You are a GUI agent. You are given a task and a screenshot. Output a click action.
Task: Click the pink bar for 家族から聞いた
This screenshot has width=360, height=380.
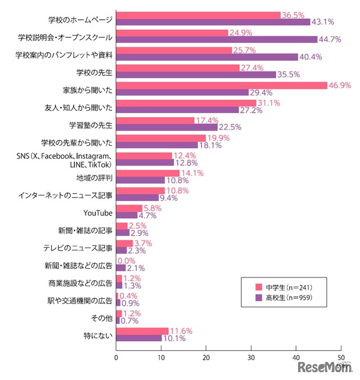tap(222, 85)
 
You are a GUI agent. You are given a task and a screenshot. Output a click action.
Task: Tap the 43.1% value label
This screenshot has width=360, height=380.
tap(323, 22)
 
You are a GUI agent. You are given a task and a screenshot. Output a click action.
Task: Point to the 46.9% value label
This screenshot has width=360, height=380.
tap(340, 85)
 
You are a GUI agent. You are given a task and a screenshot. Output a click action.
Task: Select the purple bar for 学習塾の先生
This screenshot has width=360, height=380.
tap(166, 127)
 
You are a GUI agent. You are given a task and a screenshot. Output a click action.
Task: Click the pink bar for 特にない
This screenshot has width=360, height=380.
tap(142, 330)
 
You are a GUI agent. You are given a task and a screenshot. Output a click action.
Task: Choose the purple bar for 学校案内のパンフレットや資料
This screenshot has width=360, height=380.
tap(207, 57)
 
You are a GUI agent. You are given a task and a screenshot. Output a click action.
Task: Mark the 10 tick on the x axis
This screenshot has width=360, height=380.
tap(161, 357)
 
